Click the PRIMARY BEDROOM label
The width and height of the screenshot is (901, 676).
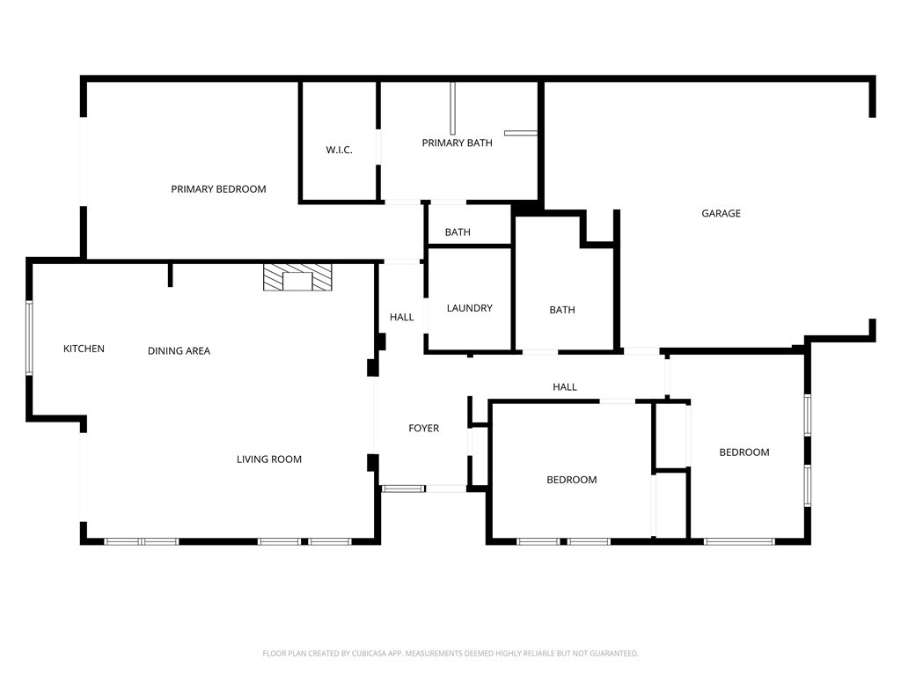pyautogui.click(x=218, y=189)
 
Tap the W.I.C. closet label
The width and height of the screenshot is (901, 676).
pyautogui.click(x=339, y=150)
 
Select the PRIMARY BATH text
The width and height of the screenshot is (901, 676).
pyautogui.click(x=457, y=143)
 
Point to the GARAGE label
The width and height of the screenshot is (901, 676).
pyautogui.click(x=721, y=213)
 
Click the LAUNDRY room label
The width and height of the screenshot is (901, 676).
pyautogui.click(x=470, y=308)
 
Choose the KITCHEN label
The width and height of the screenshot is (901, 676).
pyautogui.click(x=84, y=349)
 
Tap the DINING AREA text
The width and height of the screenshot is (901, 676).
pyautogui.click(x=179, y=350)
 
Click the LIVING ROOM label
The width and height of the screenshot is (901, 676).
pyautogui.click(x=269, y=459)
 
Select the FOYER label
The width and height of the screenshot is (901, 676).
pyautogui.click(x=423, y=429)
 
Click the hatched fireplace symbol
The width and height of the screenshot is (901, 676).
pyautogui.click(x=297, y=277)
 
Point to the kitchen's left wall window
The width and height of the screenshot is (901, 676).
pyautogui.click(x=29, y=338)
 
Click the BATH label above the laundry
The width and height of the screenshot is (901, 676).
pyautogui.click(x=458, y=232)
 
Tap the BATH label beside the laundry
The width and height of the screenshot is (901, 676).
pyautogui.click(x=562, y=310)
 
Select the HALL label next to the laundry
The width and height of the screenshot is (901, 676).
pyautogui.click(x=401, y=317)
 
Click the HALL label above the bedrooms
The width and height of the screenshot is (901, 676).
pyautogui.click(x=564, y=387)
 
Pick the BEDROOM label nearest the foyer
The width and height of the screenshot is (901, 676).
pyautogui.click(x=571, y=480)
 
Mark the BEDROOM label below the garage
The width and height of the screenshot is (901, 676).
pyautogui.click(x=744, y=452)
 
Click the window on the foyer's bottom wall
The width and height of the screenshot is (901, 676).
pyautogui.click(x=403, y=489)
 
